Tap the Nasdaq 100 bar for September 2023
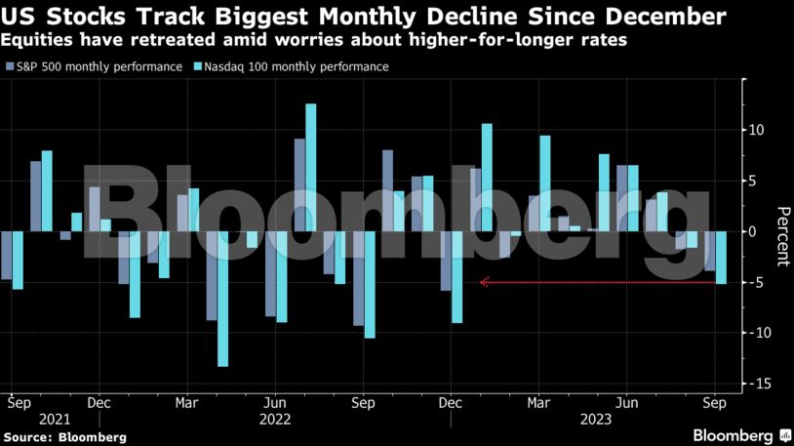click(722, 258)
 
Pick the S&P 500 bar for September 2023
click(710, 251)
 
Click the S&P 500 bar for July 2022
click(299, 184)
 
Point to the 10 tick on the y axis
click(757, 130)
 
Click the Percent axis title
click(781, 235)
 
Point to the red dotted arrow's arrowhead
click(484, 283)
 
